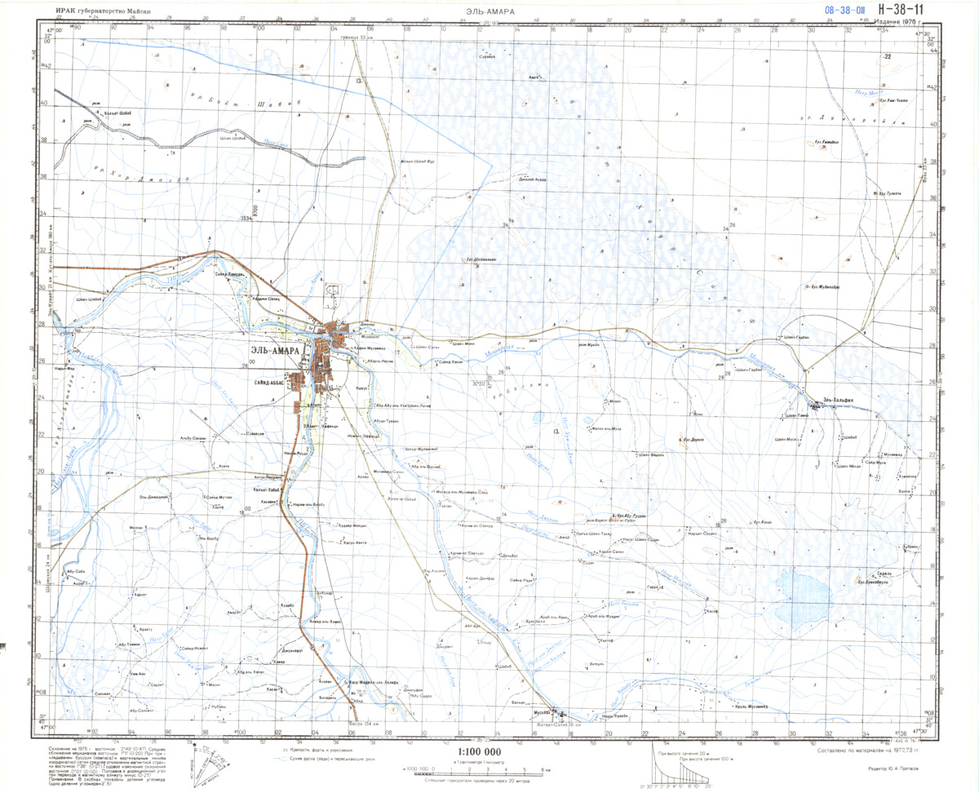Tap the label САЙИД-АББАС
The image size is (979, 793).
[276, 381]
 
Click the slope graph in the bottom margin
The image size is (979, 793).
[680, 767]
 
